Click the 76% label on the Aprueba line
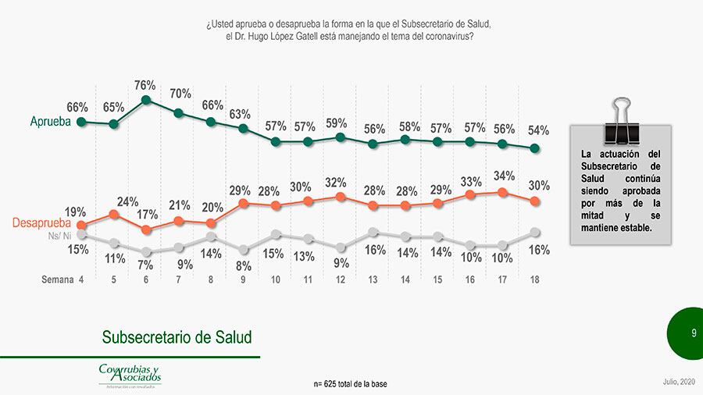145,85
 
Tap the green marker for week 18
534,148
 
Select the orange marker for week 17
502,192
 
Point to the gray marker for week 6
146,251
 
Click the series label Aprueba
50,122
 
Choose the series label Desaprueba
43,224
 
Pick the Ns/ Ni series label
61,235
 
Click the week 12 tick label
341,279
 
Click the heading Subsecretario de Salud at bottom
177,337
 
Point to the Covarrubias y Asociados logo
130,375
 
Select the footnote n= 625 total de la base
350,384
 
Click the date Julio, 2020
677,381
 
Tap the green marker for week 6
146,100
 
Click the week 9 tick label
243,279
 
